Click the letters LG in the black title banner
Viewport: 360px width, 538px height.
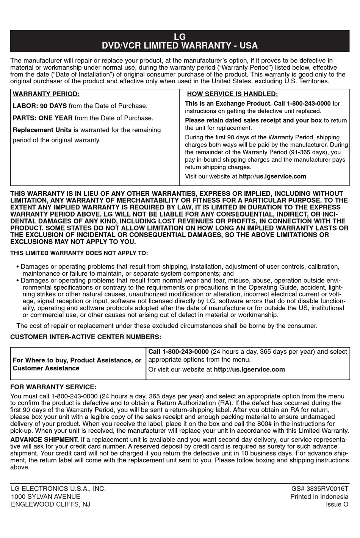pyautogui.click(x=180, y=37)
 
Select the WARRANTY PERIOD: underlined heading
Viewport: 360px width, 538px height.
pyautogui.click(x=46, y=94)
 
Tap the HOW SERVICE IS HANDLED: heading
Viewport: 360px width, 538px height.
pyautogui.click(x=232, y=94)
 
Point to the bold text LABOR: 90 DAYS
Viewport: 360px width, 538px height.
pyautogui.click(x=40, y=106)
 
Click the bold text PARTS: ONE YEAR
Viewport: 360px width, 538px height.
pyautogui.click(x=43, y=118)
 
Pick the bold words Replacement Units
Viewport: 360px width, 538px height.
pyautogui.click(x=42, y=130)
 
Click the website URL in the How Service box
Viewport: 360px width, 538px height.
pyautogui.click(x=272, y=176)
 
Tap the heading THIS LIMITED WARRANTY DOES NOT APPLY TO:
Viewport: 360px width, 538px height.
pyautogui.click(x=79, y=253)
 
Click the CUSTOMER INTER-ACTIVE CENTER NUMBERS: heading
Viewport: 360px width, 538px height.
pyautogui.click(x=86, y=337)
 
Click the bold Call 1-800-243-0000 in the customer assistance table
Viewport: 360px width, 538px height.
pyautogui.click(x=178, y=352)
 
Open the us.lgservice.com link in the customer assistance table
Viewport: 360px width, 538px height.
pyautogui.click(x=249, y=369)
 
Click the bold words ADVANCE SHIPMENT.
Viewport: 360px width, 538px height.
pyautogui.click(x=45, y=439)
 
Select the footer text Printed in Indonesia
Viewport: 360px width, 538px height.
pyautogui.click(x=319, y=496)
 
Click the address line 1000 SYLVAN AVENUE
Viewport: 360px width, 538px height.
pyautogui.click(x=45, y=496)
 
